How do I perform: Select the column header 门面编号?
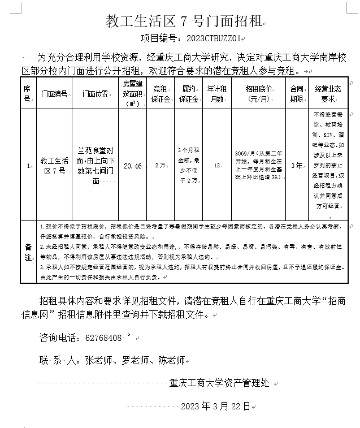[54, 94]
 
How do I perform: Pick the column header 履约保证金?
[189, 94]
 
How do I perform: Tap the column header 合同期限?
[296, 94]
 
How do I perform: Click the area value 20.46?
[132, 166]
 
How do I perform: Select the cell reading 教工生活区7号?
[54, 166]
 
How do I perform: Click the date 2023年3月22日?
[215, 406]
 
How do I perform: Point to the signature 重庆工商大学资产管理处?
[219, 383]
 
